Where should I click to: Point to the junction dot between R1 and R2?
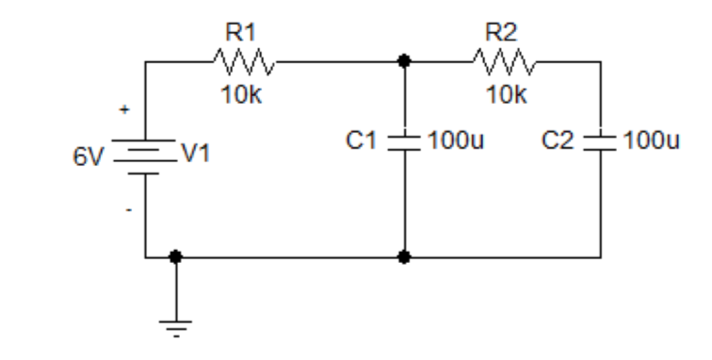(404, 62)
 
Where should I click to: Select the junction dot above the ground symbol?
(175, 255)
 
